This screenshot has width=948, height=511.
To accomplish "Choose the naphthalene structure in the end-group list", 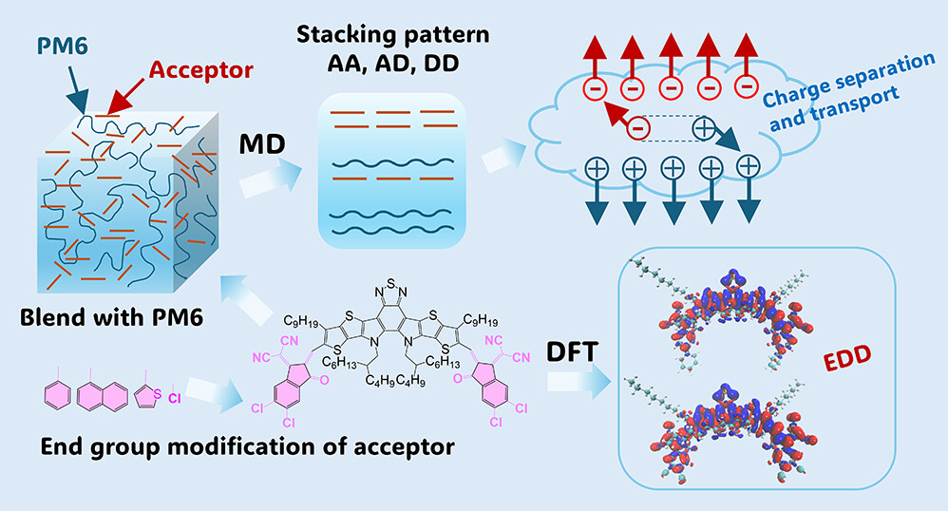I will [101, 390].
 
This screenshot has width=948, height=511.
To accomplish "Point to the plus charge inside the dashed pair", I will [704, 126].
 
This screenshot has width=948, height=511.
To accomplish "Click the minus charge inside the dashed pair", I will [639, 124].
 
